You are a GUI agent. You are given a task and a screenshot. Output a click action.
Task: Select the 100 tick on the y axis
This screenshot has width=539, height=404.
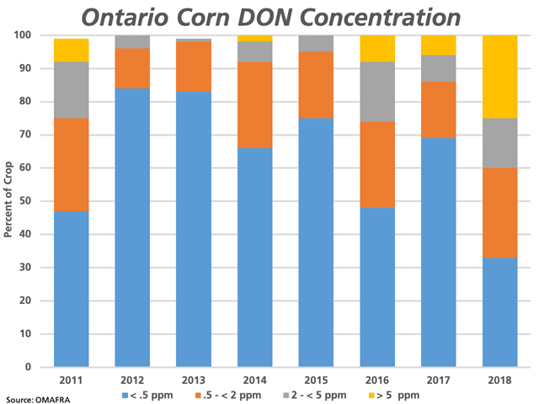point(37,35)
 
